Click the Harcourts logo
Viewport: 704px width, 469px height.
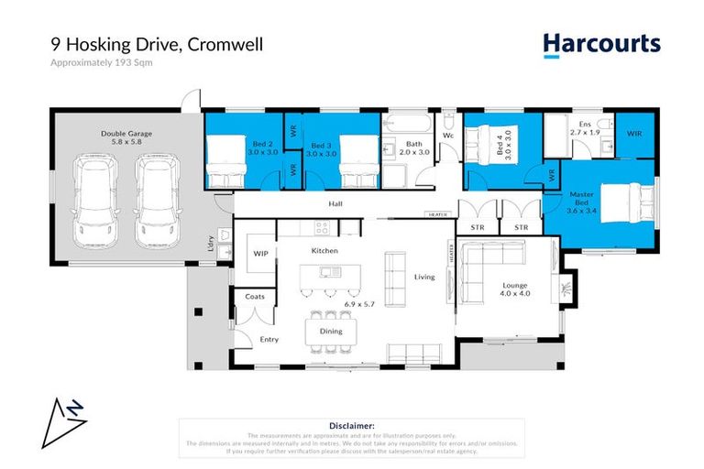[x=600, y=43]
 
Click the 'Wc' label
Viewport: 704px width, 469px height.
[x=449, y=136]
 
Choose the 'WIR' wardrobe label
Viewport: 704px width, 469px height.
[x=634, y=134]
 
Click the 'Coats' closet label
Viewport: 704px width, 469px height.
[x=255, y=296]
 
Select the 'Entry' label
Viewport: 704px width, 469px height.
[x=269, y=340]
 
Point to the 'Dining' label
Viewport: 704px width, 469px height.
[x=331, y=331]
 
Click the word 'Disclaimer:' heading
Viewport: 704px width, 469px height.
[x=352, y=426]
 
